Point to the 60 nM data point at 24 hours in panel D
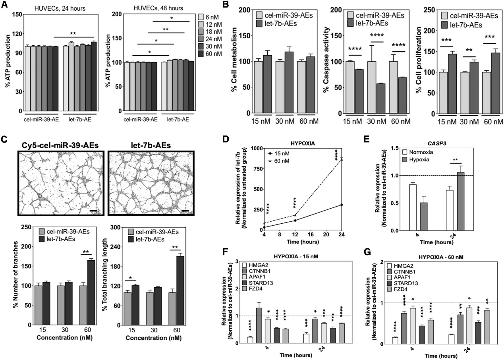tap(342, 159)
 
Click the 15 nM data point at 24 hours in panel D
tap(342, 205)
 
